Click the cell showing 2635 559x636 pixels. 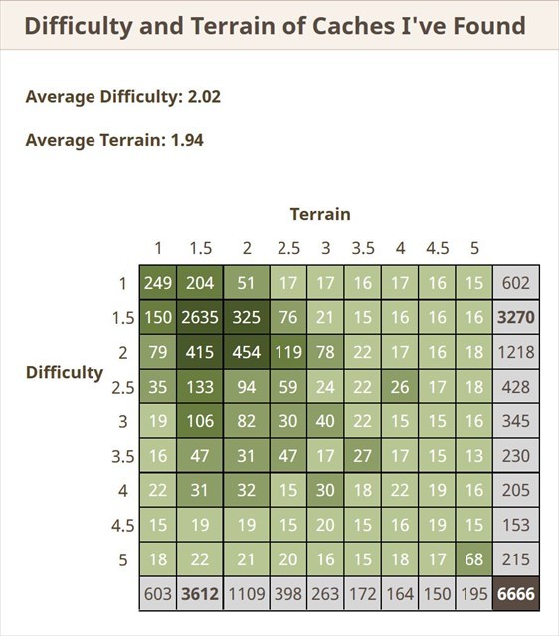pos(200,318)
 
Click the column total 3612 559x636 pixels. pos(200,594)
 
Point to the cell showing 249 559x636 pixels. pos(158,283)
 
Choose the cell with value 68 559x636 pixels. pos(474,559)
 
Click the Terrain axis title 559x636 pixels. pos(320,214)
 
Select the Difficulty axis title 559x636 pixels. pos(64,372)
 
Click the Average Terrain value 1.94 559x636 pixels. pos(186,140)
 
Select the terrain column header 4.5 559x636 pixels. pos(438,248)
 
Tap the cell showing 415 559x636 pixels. pos(200,352)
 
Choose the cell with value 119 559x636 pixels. pos(287,352)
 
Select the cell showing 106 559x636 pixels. pos(200,421)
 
